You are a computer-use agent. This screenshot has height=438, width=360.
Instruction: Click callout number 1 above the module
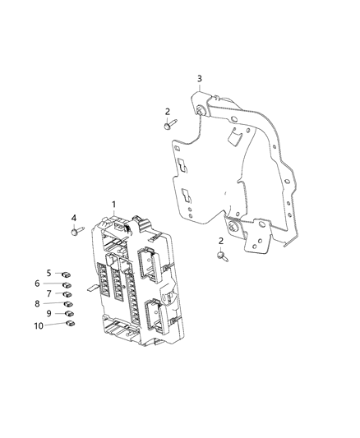114,205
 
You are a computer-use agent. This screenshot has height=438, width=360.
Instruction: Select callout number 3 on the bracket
199,78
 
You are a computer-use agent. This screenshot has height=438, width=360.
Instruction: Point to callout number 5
48,273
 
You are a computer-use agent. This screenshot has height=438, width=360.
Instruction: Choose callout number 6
48,284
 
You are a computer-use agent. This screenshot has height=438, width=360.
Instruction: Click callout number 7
48,293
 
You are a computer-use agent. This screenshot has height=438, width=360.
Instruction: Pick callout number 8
48,303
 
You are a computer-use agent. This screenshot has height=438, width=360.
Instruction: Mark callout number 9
48,313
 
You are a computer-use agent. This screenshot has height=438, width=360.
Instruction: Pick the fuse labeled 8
68,303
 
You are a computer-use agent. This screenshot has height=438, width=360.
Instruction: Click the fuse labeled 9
69,313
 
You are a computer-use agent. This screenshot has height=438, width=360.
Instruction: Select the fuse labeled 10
70,324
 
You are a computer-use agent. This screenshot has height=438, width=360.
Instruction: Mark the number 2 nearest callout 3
167,111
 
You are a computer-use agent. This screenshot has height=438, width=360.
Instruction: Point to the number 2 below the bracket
221,241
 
